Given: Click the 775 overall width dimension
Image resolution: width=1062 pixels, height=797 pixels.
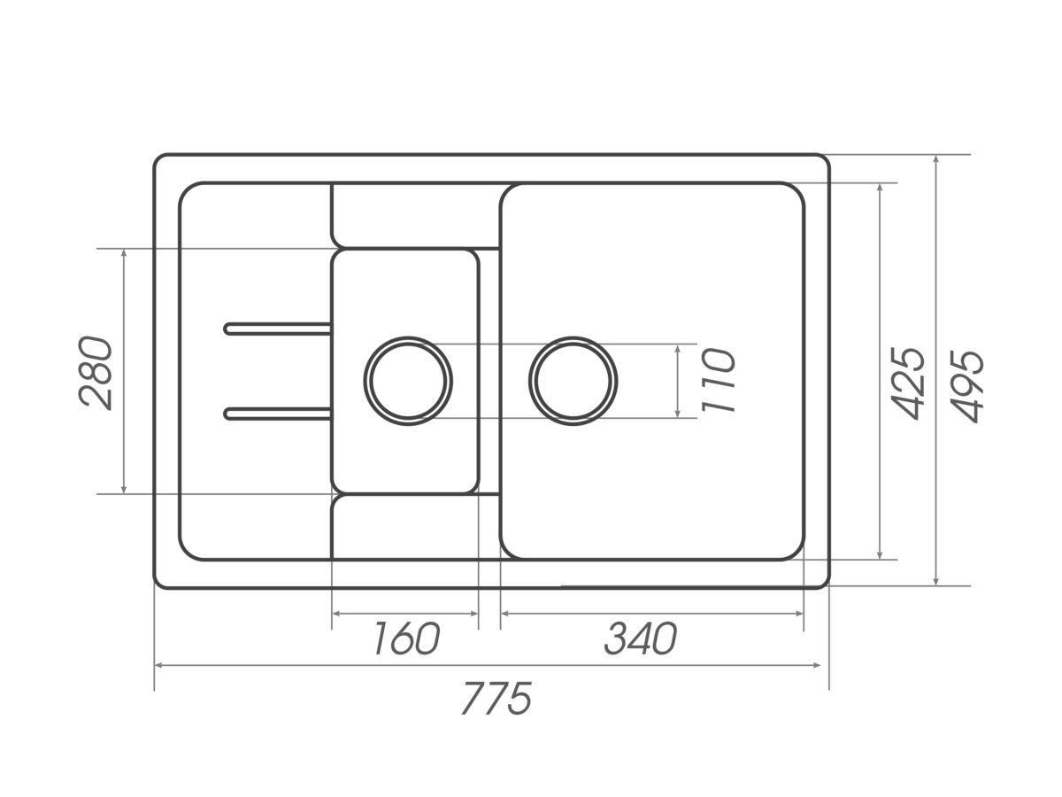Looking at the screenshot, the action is pos(496,699).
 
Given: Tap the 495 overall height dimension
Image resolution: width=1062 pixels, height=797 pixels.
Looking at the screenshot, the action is pos(967,386).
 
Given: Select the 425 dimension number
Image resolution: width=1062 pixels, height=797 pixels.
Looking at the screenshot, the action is pos(908,383).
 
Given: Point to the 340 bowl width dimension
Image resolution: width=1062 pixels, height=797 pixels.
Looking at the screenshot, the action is pos(641,638).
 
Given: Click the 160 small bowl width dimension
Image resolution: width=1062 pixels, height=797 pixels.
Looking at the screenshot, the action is pos(407,638).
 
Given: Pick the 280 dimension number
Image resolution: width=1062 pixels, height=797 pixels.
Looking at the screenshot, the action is pos(96,373).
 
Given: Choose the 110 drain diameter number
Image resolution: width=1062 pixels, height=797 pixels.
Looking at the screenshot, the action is pos(719,381).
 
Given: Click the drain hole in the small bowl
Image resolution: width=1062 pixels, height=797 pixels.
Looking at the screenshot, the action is pos(408,381).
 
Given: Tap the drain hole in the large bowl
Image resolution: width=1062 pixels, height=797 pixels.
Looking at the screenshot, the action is pos(573,381).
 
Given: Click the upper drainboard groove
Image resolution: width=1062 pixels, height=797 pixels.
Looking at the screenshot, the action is pos(277,329).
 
